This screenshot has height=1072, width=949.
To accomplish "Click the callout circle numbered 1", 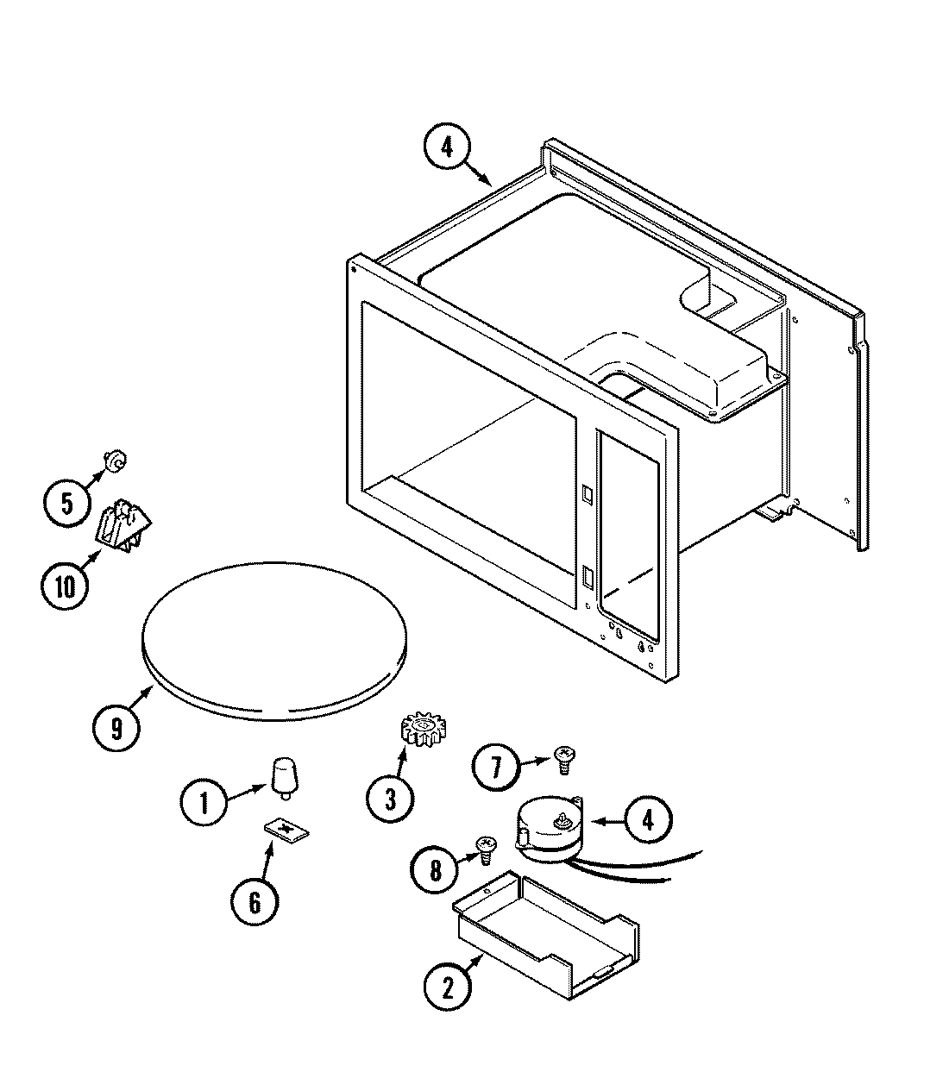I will [x=204, y=804].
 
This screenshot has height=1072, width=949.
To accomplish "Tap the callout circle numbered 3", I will [x=389, y=799].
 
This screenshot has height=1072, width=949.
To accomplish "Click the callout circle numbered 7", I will [x=495, y=767].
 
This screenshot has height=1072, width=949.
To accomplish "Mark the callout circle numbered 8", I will [x=436, y=869].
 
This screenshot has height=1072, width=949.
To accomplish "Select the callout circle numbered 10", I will [x=65, y=586].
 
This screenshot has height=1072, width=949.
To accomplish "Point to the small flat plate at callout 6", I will [x=286, y=830].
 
